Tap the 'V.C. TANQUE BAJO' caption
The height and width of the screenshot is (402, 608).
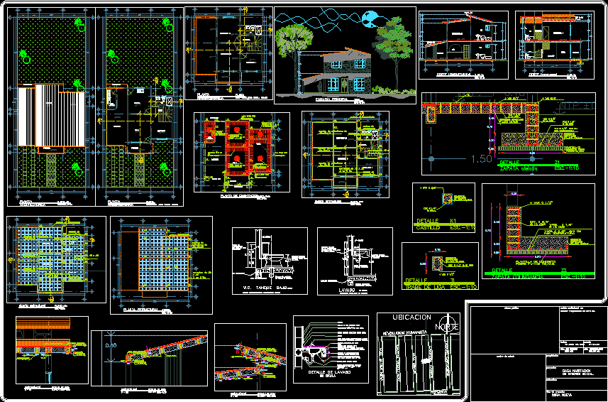[x=268, y=289]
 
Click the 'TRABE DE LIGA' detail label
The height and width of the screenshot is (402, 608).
[x=424, y=286]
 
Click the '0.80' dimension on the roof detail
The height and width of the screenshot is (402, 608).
[x=111, y=345]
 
